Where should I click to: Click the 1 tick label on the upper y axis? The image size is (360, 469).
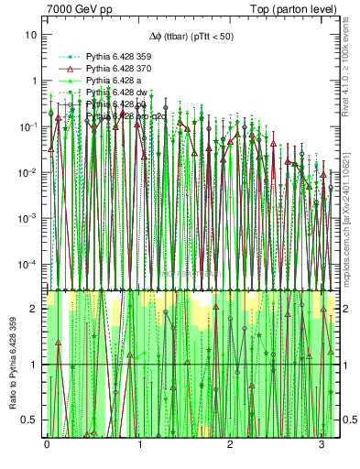(34, 81)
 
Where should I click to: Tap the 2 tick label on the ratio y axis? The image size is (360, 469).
(35, 309)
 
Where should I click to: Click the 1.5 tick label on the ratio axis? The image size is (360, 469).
(31, 336)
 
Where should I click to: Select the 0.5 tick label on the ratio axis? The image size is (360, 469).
(31, 420)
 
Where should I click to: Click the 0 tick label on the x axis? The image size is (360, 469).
(47, 444)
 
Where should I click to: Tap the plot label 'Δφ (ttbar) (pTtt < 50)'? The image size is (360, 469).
(190, 36)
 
